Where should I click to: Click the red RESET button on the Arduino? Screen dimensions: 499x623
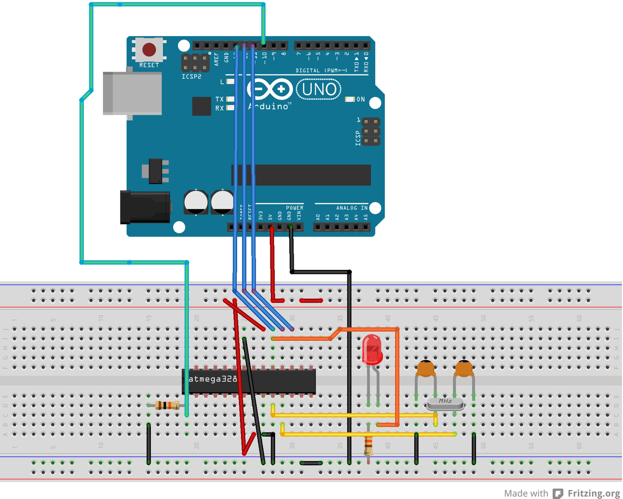coord(149,50)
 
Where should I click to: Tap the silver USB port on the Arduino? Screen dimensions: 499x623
coord(132,93)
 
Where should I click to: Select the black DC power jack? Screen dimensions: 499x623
coord(145,208)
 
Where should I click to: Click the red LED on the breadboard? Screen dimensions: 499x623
coord(372,349)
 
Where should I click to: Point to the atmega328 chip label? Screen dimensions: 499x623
coord(213,379)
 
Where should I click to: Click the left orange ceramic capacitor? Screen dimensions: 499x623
coord(426,369)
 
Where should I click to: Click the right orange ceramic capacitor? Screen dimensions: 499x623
coord(463,369)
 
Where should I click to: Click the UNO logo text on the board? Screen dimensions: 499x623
coord(319,90)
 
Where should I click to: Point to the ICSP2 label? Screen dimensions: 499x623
coord(191,77)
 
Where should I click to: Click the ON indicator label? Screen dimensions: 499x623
coord(360,99)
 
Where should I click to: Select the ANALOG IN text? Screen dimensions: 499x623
coord(351,208)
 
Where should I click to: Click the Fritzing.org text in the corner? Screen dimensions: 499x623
coord(593,493)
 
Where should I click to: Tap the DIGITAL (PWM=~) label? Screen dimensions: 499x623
coord(321,71)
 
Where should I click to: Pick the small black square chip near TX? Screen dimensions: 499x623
coord(201,106)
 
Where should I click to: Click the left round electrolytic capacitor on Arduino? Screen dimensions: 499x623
coord(196,202)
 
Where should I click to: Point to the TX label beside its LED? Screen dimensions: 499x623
coord(220,99)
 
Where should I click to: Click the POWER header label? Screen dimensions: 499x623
coord(295,208)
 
